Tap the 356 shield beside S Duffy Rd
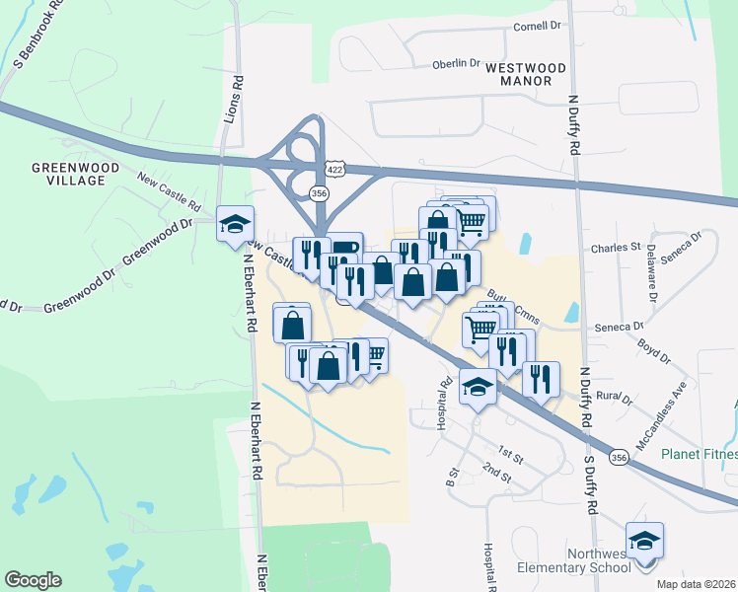click(x=619, y=458)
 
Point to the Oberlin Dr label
click(x=456, y=65)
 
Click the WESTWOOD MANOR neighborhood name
click(x=526, y=75)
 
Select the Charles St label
click(x=616, y=248)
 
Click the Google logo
click(x=34, y=580)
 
